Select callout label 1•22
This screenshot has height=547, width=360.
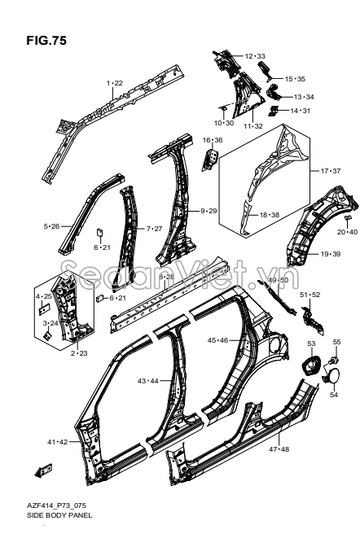(115, 83)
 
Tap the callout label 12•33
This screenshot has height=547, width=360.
(254, 56)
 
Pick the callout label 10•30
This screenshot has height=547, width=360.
(223, 123)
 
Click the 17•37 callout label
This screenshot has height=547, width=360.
(330, 171)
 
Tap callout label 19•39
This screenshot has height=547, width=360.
(330, 254)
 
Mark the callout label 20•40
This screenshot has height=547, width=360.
(346, 232)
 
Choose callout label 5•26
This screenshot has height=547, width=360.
(51, 225)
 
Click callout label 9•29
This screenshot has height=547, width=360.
(209, 211)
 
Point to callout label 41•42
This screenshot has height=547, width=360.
(58, 441)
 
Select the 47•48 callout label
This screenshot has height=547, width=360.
(279, 449)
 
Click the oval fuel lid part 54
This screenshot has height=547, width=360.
(333, 377)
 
